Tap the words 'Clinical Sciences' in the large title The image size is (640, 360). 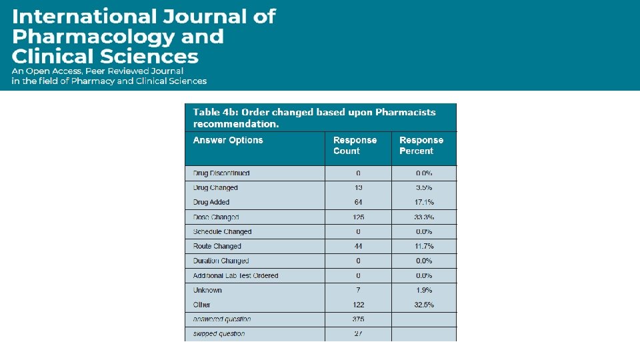105,57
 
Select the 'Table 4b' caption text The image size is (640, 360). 314,117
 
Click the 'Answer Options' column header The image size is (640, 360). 228,140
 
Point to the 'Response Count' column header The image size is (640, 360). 355,145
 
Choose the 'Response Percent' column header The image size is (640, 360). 421,145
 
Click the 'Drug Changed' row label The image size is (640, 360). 215,188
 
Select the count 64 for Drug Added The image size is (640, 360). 358,202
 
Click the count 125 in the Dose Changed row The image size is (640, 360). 358,217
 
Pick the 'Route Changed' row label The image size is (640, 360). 217,246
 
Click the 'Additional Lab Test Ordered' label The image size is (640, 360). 235,275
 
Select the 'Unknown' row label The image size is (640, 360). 207,290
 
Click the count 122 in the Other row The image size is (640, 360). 358,305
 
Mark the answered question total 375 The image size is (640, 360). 358,319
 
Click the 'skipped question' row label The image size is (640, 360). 219,333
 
